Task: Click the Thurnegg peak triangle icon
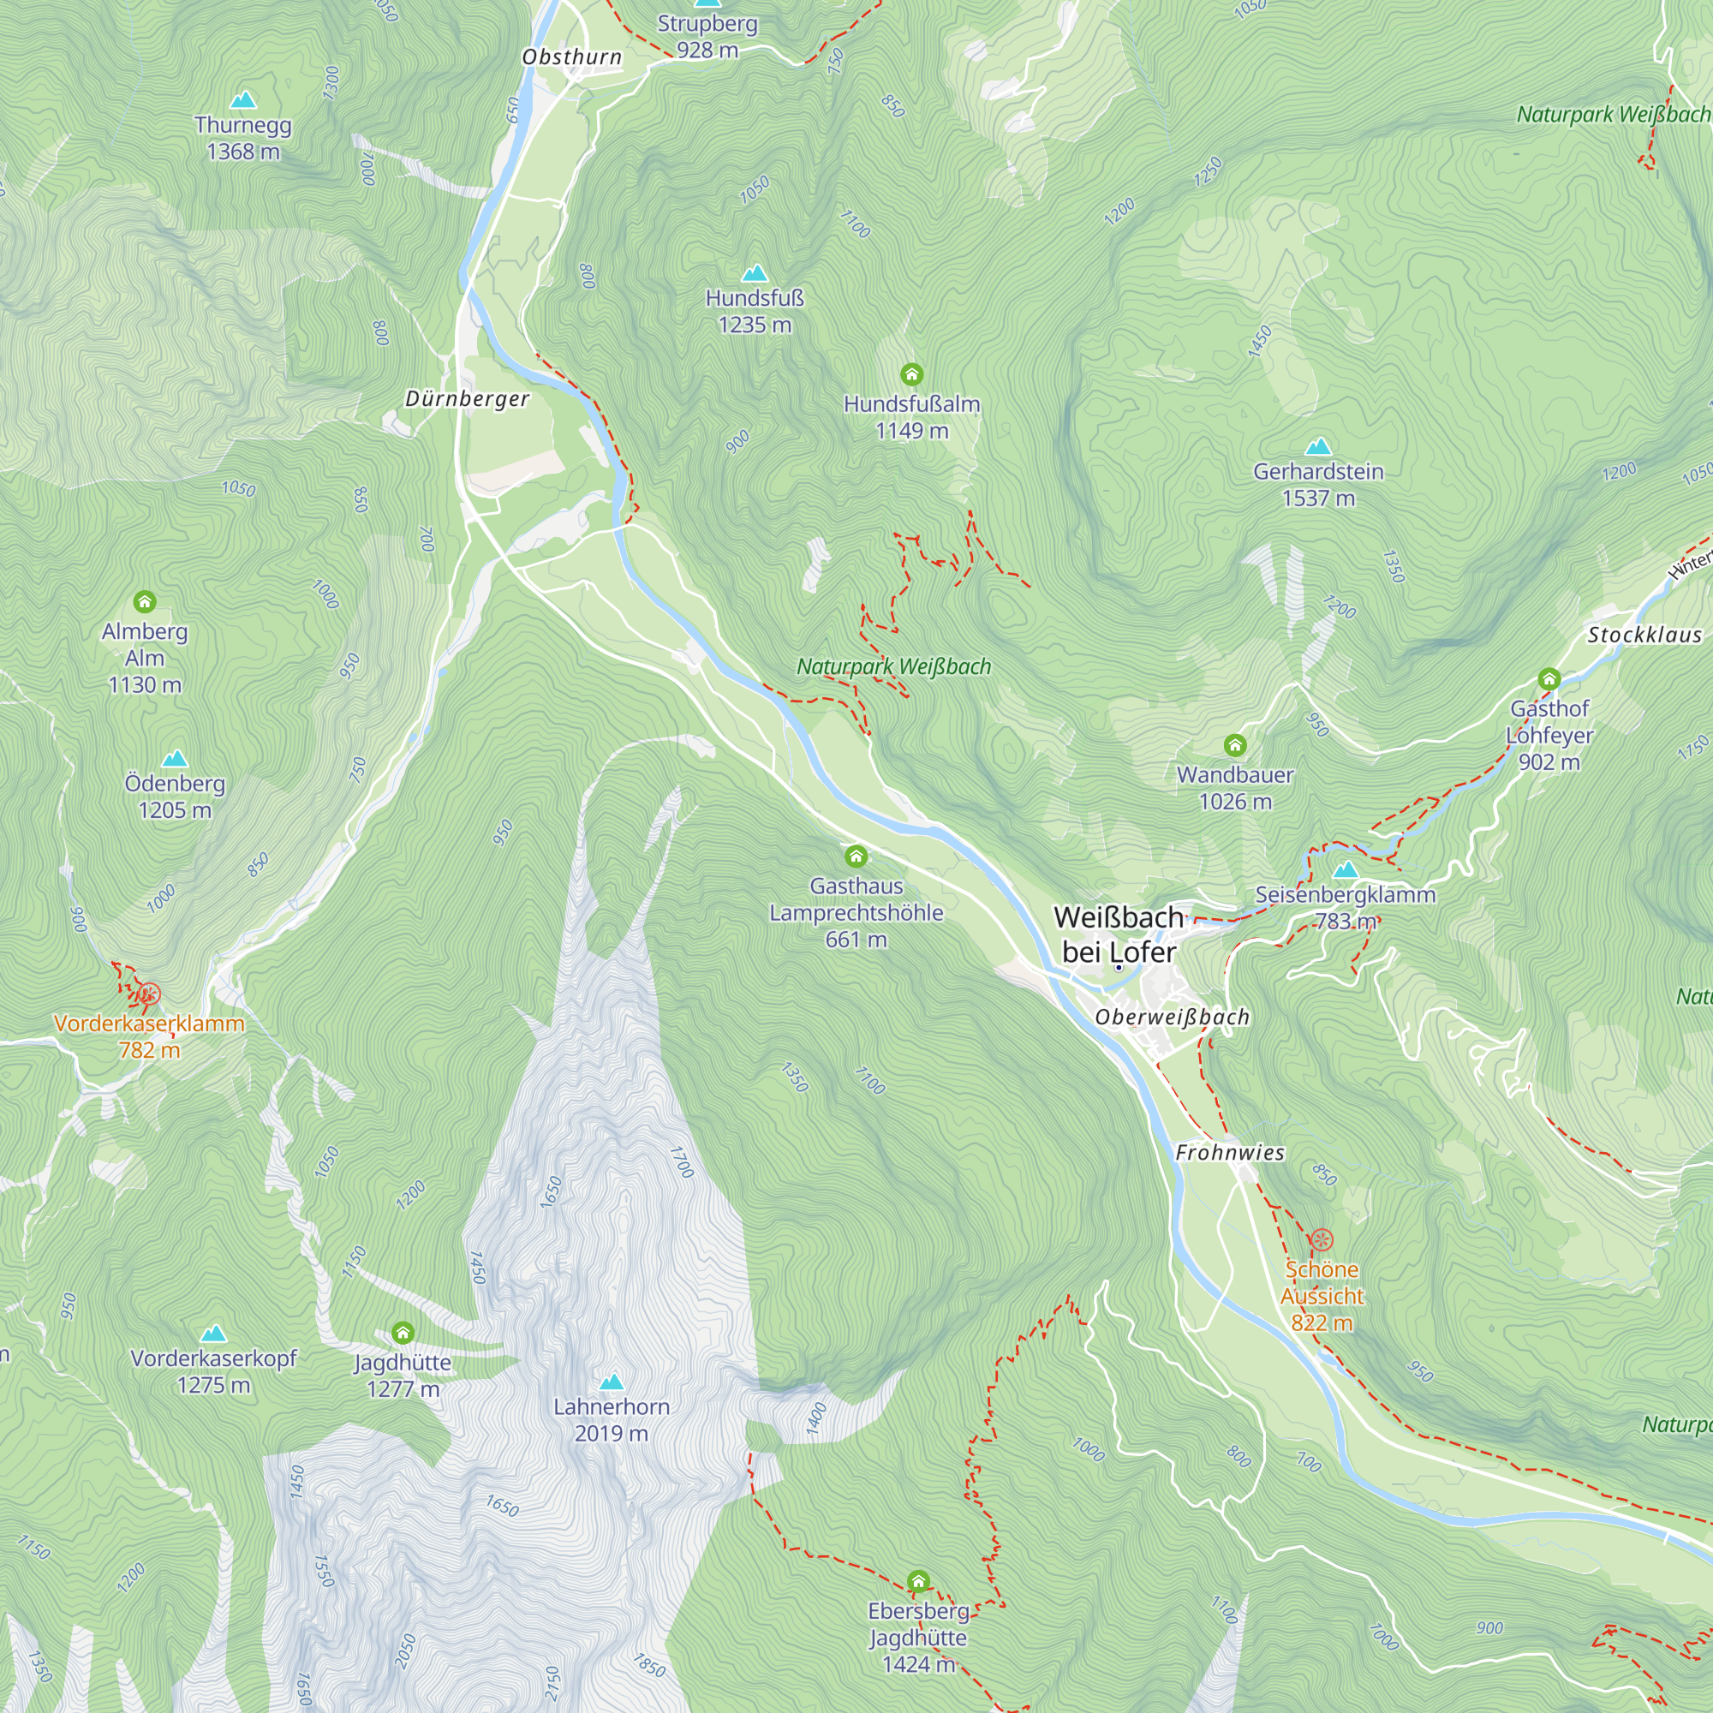pos(243,100)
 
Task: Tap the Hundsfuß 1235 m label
pos(755,311)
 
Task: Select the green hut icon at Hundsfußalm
pos(911,374)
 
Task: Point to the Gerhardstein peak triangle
pos(1318,446)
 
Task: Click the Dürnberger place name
pos(468,399)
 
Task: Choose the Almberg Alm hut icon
pos(145,602)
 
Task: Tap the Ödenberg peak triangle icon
pos(175,759)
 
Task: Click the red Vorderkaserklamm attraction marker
pos(149,994)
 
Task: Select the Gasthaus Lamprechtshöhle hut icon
pos(856,856)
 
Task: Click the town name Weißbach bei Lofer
pos(1119,934)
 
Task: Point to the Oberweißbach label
pos(1173,1017)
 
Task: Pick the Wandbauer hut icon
pos(1235,745)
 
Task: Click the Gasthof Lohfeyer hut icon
pos(1549,679)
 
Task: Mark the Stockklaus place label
pos(1644,635)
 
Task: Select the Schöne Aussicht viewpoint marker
pos(1321,1239)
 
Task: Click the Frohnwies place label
pos(1230,1153)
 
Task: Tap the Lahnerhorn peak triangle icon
pos(611,1382)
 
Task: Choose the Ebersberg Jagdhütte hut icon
pos(918,1581)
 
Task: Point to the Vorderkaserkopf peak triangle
pos(212,1334)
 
